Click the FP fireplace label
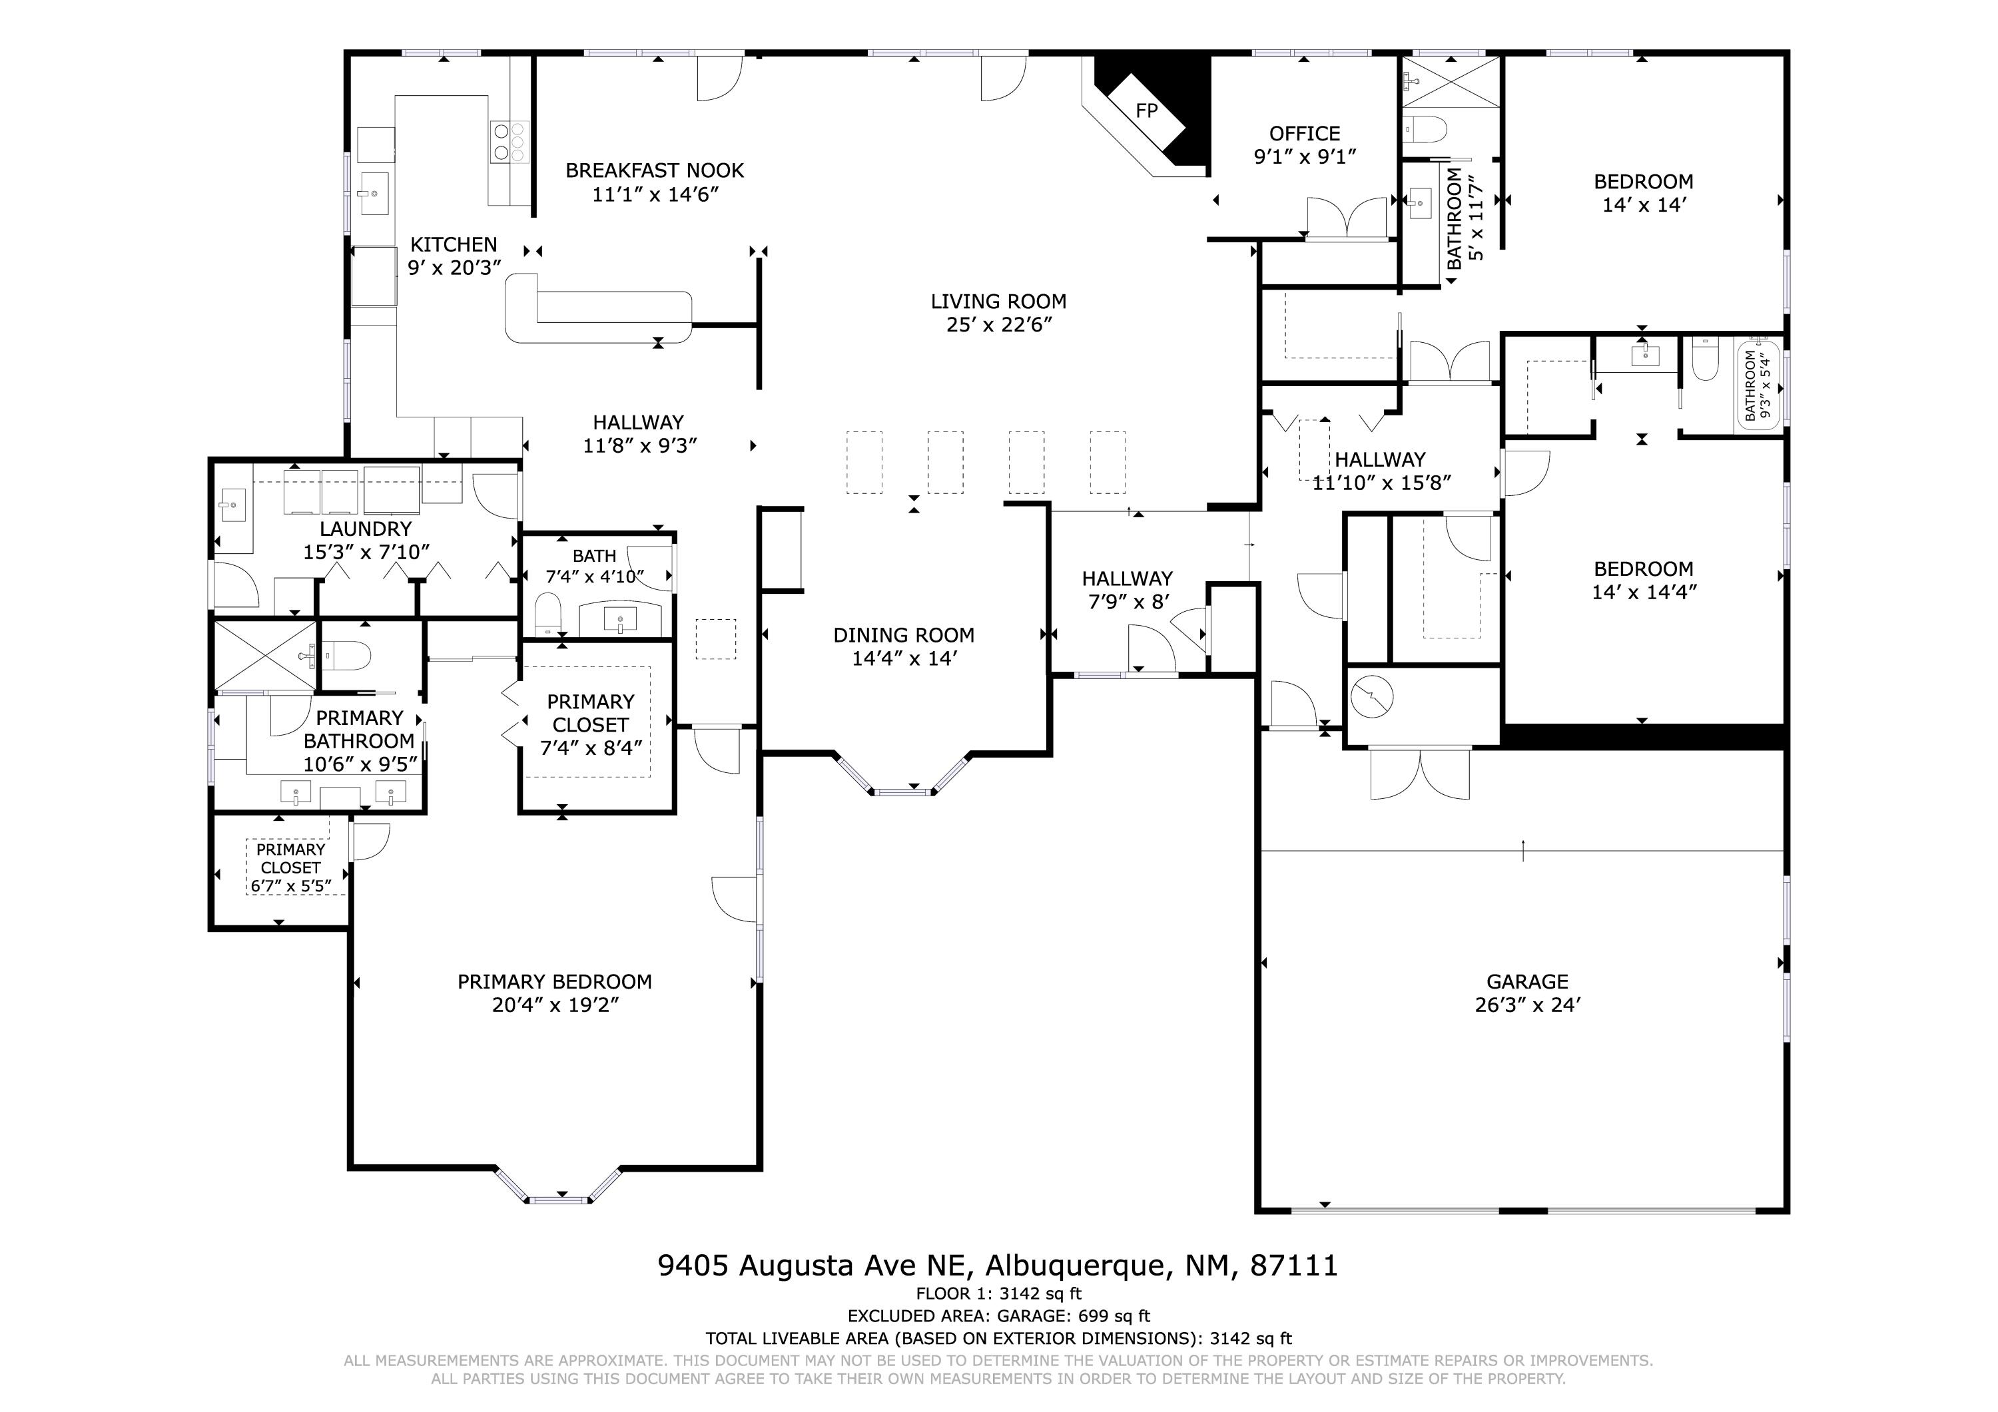(1147, 111)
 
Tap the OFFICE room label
(1305, 133)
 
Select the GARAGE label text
(1527, 981)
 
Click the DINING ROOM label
(903, 635)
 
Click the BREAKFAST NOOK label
(655, 170)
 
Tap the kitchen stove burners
(510, 141)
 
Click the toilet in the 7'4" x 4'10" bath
(547, 614)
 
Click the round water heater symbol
(1373, 697)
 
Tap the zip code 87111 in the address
(1293, 1265)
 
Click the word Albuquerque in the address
(1075, 1266)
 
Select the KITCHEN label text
(454, 244)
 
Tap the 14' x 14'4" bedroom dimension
(1643, 592)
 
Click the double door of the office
(1346, 218)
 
